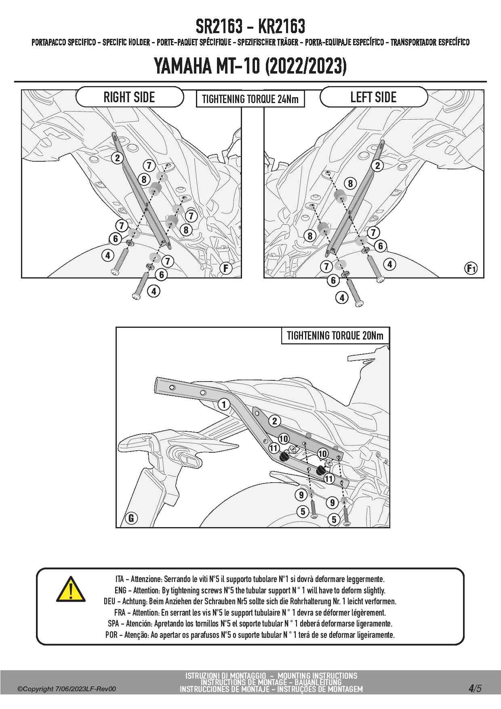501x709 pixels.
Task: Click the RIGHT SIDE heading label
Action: (129, 97)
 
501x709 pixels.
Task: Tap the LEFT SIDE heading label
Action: (373, 97)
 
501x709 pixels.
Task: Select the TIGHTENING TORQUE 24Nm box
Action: (250, 99)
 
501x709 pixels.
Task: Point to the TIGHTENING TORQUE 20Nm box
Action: (335, 336)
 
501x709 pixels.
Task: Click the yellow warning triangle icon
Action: (71, 590)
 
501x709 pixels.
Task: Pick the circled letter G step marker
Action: (131, 518)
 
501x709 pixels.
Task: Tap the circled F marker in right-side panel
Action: (225, 268)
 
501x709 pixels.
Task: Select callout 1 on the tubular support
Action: (224, 404)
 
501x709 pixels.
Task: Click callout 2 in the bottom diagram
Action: (275, 421)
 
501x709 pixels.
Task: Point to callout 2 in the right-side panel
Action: (118, 158)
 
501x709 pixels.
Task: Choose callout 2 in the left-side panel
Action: (377, 165)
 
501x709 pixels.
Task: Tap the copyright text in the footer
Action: (67, 689)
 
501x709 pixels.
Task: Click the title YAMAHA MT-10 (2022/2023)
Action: (250, 66)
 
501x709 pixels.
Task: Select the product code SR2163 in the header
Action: (219, 27)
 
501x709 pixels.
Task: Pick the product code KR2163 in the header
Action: (281, 27)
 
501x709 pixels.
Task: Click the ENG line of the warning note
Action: (250, 590)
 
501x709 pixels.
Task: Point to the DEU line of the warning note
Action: (250, 601)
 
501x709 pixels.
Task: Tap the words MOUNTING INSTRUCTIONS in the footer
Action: (317, 675)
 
